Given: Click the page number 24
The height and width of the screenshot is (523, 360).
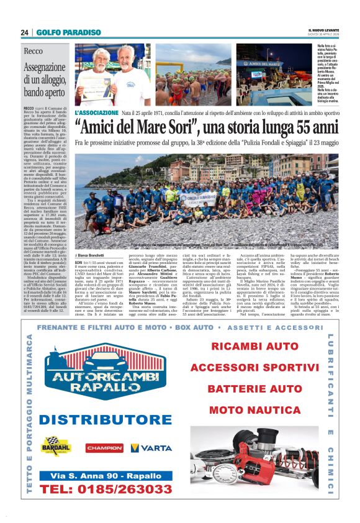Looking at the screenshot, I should click(x=24, y=32).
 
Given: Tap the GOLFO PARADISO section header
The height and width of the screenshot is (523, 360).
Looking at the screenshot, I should click(x=68, y=32).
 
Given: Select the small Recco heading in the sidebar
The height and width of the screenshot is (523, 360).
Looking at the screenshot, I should click(x=33, y=51).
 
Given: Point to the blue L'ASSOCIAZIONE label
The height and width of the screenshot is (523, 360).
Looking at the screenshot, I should click(x=96, y=112).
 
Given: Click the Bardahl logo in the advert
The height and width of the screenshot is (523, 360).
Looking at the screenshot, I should click(x=56, y=445).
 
